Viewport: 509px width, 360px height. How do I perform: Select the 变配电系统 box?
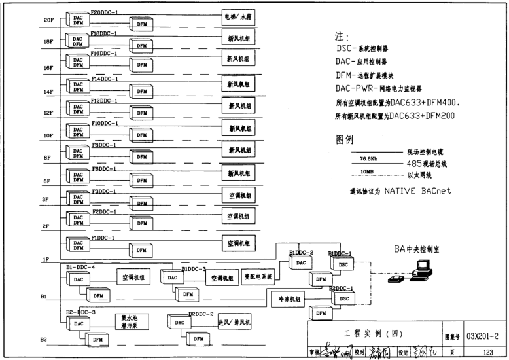[x=258, y=277]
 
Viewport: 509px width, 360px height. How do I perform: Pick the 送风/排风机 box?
[x=234, y=323]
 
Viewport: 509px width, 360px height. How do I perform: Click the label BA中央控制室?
[x=417, y=249]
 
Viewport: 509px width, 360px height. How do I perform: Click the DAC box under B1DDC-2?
[x=301, y=263]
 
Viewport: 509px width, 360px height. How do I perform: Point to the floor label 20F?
[x=48, y=20]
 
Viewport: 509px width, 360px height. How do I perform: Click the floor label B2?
[x=43, y=339]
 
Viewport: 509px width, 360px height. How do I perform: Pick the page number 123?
[x=487, y=351]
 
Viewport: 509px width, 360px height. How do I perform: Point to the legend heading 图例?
[x=344, y=139]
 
